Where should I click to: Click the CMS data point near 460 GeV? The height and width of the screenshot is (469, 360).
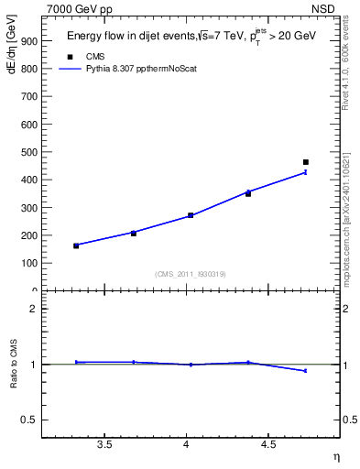coord(306,162)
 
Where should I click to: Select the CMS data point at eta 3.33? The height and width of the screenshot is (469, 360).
coord(76,245)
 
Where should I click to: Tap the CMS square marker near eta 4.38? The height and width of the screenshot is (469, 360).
coord(248,193)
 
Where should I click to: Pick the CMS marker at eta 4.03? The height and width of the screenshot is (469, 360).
coord(191,215)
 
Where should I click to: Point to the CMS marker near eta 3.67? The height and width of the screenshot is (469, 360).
coord(134,233)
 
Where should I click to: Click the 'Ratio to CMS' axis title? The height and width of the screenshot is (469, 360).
coord(14,365)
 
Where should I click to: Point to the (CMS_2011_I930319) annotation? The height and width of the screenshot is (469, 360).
coord(191,274)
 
